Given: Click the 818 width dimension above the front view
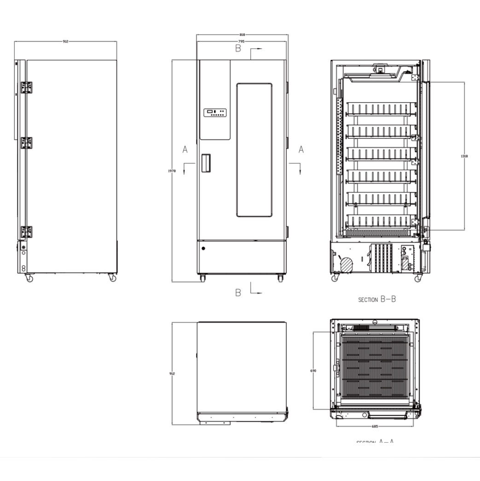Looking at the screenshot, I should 242,35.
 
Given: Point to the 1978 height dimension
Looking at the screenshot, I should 172,170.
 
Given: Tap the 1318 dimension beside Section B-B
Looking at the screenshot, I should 464,156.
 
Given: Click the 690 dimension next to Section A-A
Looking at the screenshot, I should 313,370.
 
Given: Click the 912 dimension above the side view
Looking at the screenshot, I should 65,41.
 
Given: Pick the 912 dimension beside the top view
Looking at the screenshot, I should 172,374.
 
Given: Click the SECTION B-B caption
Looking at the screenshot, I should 377,299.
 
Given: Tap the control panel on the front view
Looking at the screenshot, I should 215,112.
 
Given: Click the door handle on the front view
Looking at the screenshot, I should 207,163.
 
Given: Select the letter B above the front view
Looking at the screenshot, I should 238,48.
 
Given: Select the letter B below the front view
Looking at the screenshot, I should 238,293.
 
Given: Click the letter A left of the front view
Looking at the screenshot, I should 185,150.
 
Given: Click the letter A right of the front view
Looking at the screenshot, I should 301,150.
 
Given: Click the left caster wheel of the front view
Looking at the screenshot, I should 202,278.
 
